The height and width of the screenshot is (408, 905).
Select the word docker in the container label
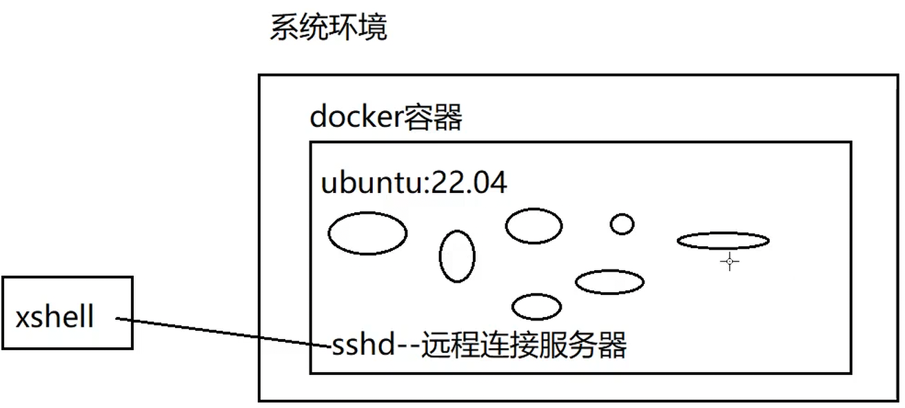(x=355, y=118)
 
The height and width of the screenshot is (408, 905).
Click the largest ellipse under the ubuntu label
(x=367, y=234)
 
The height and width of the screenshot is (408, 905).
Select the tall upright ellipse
(x=457, y=256)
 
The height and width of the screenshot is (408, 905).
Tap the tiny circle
(x=622, y=224)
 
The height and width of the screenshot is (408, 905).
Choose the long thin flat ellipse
(x=722, y=241)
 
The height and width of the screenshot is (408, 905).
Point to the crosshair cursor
(x=729, y=261)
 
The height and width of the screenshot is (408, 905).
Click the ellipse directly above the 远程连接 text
(x=536, y=307)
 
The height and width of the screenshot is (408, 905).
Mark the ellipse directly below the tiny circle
(x=609, y=281)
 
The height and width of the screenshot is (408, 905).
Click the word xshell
(x=55, y=318)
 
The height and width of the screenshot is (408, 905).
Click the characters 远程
(x=445, y=344)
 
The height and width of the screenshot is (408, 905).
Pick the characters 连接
(x=499, y=344)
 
